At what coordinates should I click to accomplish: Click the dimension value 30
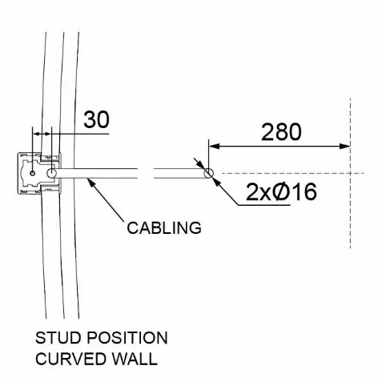(96, 119)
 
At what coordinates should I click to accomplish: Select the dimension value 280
(281, 132)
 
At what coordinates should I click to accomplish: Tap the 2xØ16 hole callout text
(281, 191)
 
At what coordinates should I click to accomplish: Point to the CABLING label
(164, 228)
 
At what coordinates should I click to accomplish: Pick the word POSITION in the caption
(127, 338)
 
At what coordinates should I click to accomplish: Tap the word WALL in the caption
(135, 359)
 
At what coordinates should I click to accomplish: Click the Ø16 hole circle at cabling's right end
(208, 173)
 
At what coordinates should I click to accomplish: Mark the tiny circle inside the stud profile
(33, 173)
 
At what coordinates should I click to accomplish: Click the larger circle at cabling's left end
(51, 173)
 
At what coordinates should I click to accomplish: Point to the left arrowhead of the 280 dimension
(214, 146)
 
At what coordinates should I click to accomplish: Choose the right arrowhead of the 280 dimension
(344, 146)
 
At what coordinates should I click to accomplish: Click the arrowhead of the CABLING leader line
(91, 183)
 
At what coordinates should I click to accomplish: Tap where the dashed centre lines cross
(350, 174)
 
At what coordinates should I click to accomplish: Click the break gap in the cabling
(146, 173)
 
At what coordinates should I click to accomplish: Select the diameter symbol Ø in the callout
(281, 191)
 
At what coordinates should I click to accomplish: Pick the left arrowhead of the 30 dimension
(36, 134)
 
